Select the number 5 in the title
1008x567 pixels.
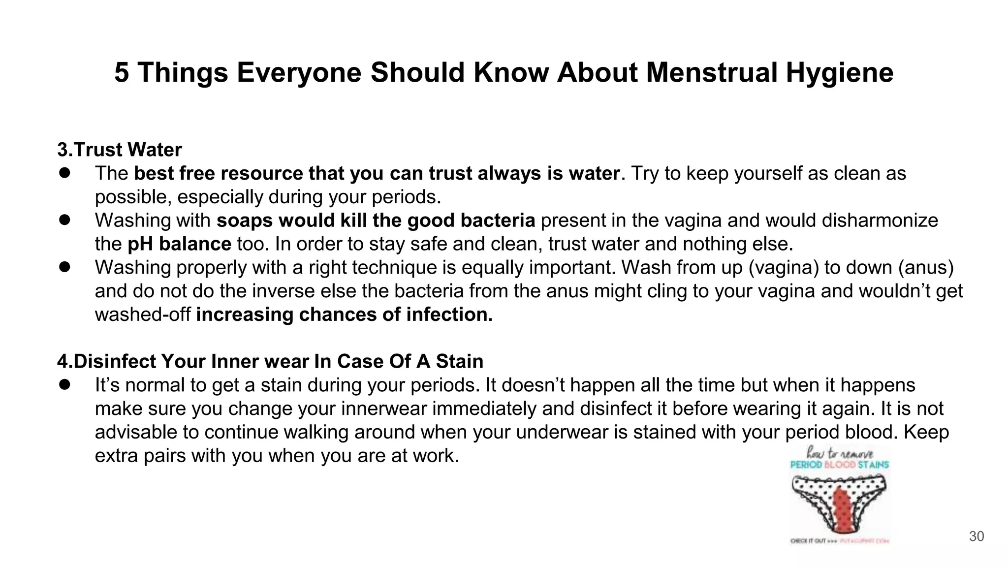[122, 73]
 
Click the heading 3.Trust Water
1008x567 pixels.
[120, 150]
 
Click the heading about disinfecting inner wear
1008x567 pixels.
[270, 362]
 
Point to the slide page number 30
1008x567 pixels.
[976, 536]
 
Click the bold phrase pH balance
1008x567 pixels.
[179, 244]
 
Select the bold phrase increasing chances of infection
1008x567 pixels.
[344, 315]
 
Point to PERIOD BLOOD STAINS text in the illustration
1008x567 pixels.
[839, 465]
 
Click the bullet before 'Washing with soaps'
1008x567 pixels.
[65, 220]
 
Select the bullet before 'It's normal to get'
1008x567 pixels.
[65, 385]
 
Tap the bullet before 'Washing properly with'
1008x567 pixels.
[65, 267]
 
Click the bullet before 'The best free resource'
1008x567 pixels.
[65, 173]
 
